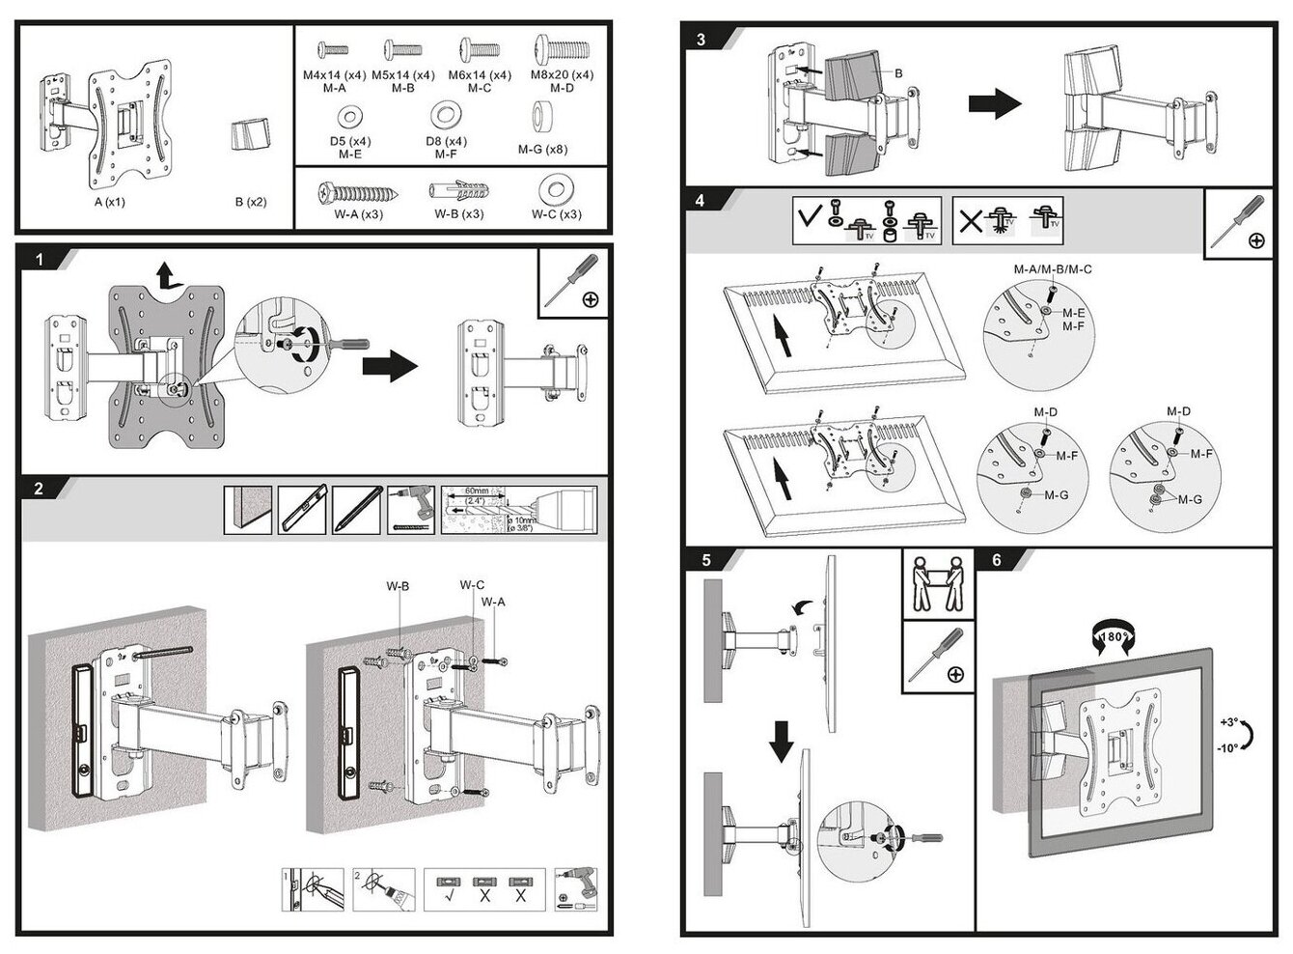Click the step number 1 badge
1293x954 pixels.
39,260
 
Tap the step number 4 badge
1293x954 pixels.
701,202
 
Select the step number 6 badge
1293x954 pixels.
996,560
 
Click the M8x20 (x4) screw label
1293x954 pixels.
562,74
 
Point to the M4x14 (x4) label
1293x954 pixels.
334,74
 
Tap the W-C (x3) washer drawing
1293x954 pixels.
556,187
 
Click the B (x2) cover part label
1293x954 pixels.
251,203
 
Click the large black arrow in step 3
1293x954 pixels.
994,104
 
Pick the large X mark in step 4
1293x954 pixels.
970,222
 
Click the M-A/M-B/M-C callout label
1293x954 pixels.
1052,269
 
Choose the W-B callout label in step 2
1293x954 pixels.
399,586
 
